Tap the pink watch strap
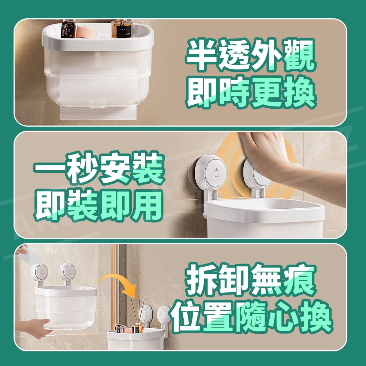point(86,32)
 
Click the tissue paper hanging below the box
point(98,113)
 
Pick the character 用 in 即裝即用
point(147,205)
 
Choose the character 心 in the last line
point(283,317)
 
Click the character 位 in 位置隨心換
point(186,317)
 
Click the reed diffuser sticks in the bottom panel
point(137,311)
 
